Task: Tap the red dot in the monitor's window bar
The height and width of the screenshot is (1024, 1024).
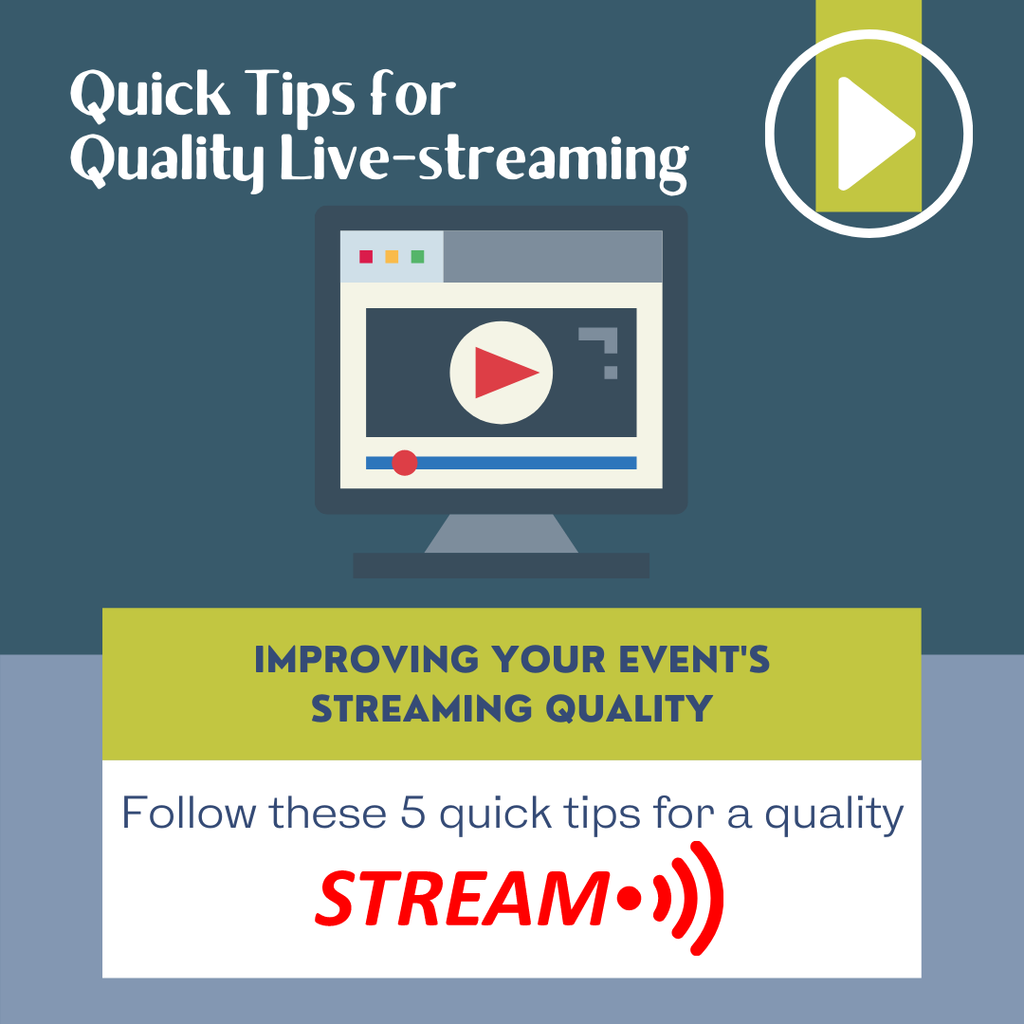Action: tap(366, 257)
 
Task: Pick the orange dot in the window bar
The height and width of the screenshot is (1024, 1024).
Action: tap(392, 257)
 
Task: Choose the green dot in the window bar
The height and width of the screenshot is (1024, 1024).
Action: tap(417, 257)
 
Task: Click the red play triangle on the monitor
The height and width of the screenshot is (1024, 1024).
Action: tap(503, 372)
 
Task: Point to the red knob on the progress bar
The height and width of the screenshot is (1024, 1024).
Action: tap(405, 463)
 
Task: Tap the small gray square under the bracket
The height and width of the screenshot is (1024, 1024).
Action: tap(611, 373)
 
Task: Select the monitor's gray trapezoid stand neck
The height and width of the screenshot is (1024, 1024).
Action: tap(501, 534)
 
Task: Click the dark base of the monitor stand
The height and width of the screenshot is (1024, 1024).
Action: tap(501, 566)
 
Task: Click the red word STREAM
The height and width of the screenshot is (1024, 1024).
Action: tap(461, 899)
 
